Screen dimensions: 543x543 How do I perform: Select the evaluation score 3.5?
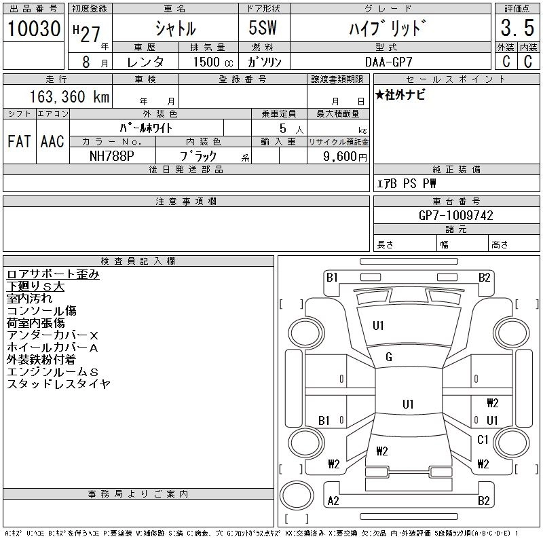point(516,29)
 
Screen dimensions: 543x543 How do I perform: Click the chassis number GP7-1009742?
point(456,215)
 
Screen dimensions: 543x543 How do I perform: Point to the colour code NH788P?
point(113,156)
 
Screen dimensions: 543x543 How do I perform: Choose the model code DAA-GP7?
point(390,62)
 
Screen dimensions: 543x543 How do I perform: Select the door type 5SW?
point(264,29)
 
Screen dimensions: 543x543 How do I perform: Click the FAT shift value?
point(20,141)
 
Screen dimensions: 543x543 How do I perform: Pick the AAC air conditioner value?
point(52,141)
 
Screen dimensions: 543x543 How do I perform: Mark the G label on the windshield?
point(389,357)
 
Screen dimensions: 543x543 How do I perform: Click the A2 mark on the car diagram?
point(333,501)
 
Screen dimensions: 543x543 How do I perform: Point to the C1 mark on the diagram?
point(483,440)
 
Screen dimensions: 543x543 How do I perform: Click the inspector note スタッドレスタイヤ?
point(58,384)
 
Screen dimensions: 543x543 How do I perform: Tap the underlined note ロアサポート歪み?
point(53,274)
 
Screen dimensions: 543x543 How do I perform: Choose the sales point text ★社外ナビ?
point(401,95)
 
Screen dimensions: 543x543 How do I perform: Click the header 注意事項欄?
point(186,202)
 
